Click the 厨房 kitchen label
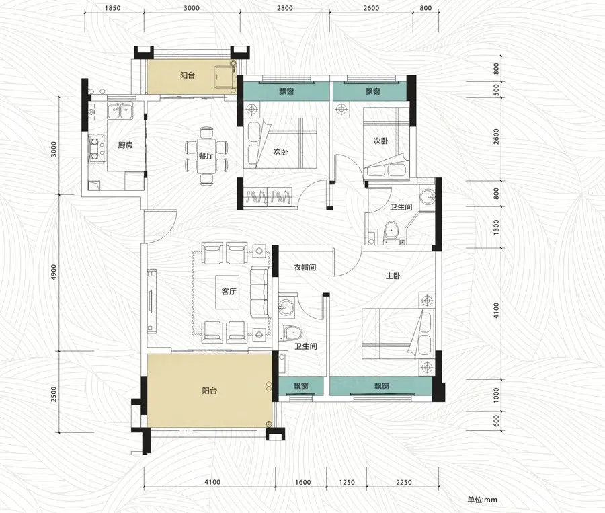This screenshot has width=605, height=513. [126, 145]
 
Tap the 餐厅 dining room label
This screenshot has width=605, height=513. [206, 156]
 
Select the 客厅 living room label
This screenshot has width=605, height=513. [229, 291]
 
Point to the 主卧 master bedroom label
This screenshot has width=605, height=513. [393, 276]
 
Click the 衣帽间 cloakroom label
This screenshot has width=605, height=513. [305, 267]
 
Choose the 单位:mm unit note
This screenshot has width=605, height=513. [482, 500]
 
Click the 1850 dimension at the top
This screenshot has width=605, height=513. [112, 8]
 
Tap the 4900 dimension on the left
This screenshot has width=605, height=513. [54, 272]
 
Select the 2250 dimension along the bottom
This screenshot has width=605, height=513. [403, 482]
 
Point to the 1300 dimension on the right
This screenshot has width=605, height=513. [496, 227]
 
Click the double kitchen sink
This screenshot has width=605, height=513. [120, 111]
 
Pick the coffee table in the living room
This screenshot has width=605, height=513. [227, 292]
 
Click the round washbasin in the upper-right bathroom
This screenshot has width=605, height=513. [427, 197]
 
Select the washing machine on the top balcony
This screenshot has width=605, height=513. [225, 79]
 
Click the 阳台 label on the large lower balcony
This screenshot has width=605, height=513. [209, 391]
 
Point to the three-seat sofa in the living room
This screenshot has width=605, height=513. [259, 292]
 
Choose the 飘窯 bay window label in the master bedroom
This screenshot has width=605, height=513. [381, 386]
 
